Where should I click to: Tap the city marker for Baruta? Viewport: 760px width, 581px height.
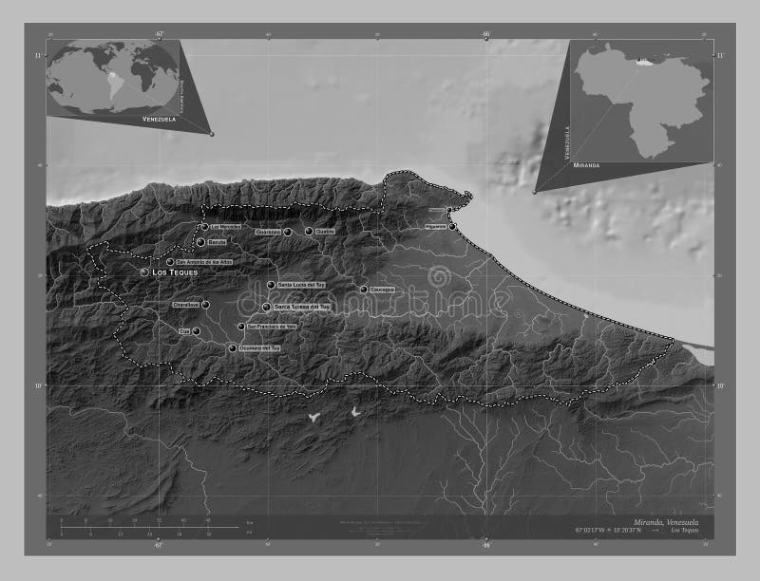[199, 242]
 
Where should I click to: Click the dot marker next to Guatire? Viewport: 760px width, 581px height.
[309, 231]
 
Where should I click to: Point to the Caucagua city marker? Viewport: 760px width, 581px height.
[363, 290]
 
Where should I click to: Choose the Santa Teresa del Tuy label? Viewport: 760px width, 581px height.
[301, 308]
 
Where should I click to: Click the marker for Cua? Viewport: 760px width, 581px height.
[197, 331]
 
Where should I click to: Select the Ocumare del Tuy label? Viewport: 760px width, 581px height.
[259, 349]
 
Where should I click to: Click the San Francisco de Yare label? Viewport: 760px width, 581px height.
[273, 327]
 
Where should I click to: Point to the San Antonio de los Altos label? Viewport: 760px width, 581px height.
[203, 262]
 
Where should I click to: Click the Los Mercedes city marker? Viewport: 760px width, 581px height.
[204, 227]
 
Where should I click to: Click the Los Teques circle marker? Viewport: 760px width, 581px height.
[144, 272]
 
